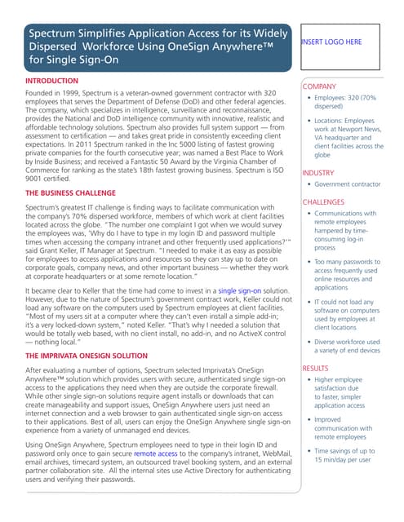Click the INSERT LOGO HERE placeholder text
point(331,42)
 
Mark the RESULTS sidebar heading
point(317,369)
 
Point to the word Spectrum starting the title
point(56,34)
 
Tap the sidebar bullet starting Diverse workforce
point(347,347)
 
